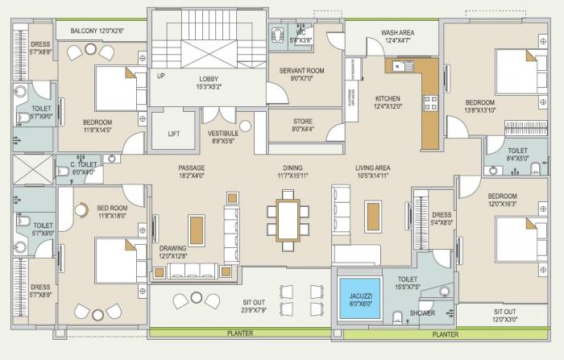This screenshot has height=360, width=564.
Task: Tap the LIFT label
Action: click(174, 134)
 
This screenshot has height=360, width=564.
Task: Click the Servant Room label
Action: click(301, 71)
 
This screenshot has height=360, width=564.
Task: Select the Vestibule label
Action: click(222, 133)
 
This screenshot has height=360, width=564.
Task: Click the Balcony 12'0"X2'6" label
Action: click(97, 31)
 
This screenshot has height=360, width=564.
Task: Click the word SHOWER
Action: click(421, 313)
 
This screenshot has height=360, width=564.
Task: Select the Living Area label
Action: click(372, 168)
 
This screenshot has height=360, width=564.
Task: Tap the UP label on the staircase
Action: click(161, 77)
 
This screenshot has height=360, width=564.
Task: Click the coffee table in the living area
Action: click(371, 214)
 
